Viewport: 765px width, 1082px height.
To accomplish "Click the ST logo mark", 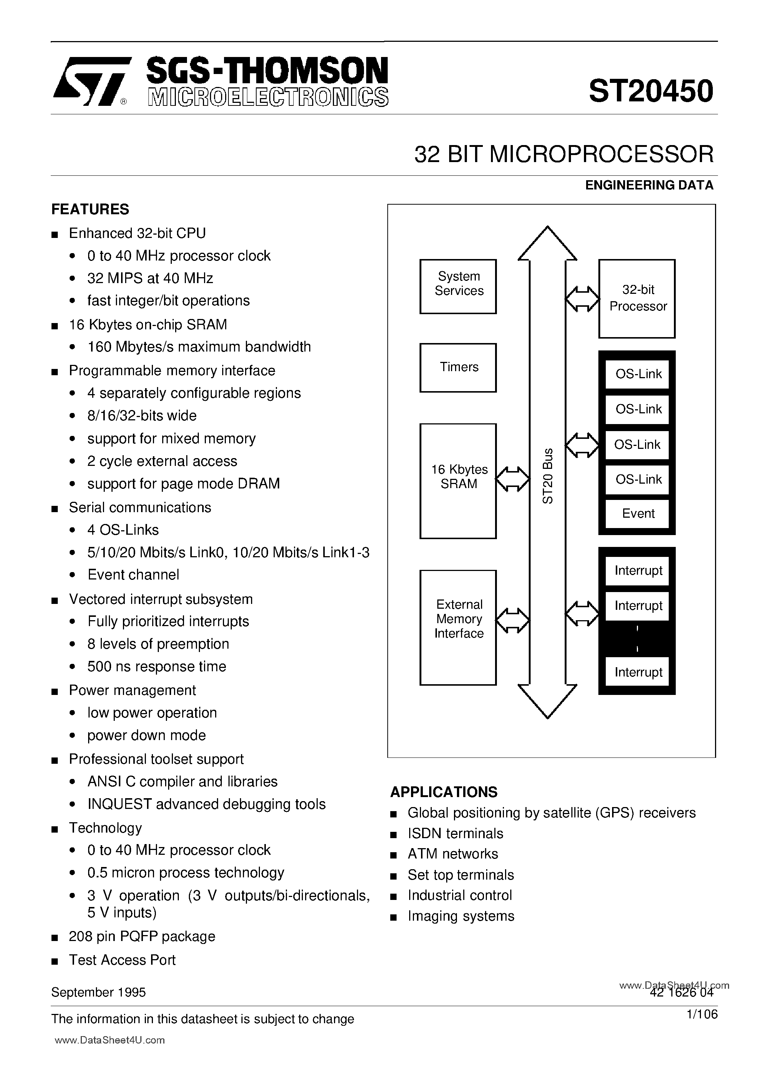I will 91,81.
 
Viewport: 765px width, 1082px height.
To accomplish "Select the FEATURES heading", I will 90,209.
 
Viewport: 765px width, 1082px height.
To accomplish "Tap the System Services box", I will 458,286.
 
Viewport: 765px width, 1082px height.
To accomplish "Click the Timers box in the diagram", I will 458,367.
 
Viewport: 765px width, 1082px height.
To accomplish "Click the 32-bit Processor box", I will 637,298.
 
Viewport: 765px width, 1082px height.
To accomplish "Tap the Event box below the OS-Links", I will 637,513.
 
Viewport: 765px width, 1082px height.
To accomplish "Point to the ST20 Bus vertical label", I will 547,476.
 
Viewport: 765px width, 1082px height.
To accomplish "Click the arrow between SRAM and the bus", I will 513,479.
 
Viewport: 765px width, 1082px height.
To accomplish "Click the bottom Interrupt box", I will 637,672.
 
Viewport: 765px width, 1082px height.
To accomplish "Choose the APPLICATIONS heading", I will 443,792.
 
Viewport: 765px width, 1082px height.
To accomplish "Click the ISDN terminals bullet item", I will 455,834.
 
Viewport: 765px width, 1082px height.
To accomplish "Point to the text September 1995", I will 98,992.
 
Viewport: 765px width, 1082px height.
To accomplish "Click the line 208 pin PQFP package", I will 141,936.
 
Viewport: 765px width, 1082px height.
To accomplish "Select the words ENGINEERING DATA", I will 649,185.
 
